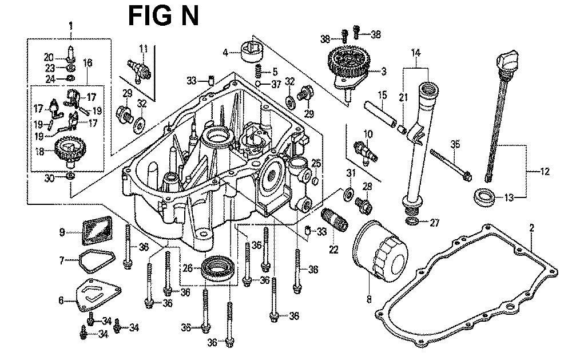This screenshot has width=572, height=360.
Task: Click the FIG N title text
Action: tap(164, 16)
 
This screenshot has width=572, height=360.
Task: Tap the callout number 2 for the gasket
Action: tap(531, 228)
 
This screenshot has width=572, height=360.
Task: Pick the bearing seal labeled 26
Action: tap(218, 268)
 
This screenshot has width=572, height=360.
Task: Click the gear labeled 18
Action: tap(70, 150)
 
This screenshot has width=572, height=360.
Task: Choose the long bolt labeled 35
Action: tap(451, 165)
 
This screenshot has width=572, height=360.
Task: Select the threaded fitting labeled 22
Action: tap(334, 219)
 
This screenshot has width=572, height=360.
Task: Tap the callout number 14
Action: tap(416, 53)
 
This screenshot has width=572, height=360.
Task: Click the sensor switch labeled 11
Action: tap(139, 69)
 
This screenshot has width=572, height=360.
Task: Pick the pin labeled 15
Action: tap(380, 114)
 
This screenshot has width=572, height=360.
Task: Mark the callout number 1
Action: tap(71, 26)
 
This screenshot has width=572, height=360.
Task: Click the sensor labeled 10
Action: tap(366, 150)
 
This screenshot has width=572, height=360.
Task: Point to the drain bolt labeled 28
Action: tap(363, 205)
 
